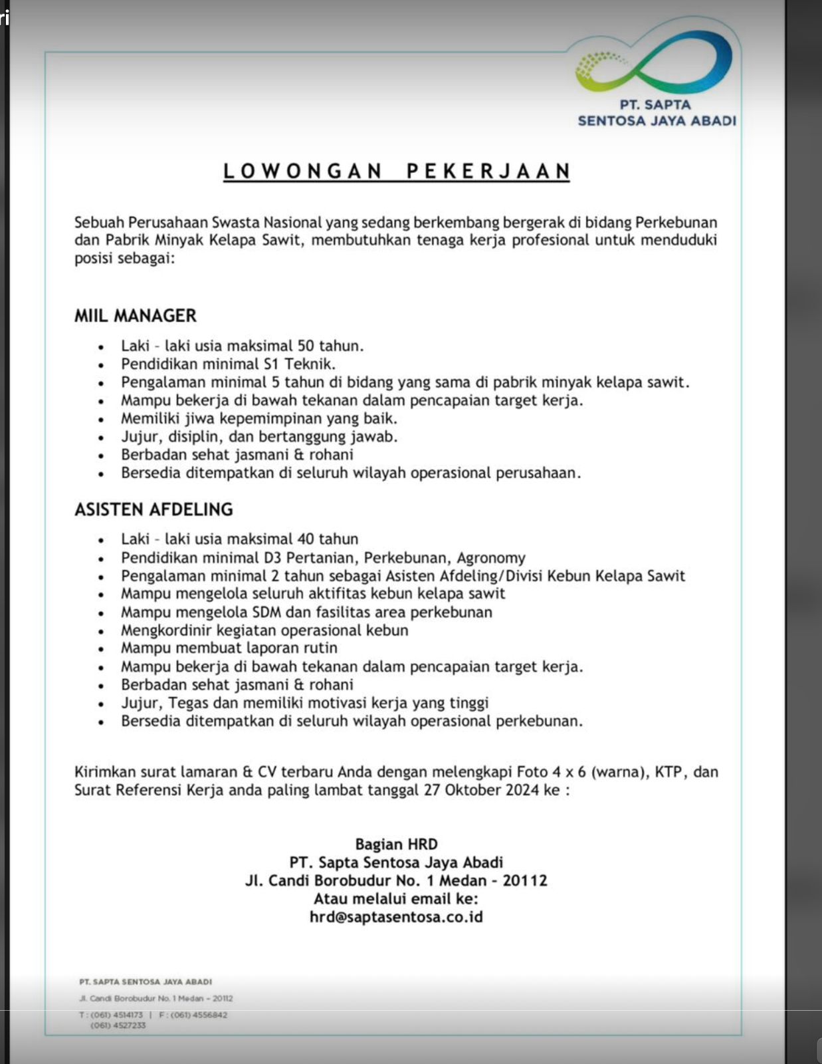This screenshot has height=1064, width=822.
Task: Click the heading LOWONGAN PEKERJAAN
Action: click(x=397, y=171)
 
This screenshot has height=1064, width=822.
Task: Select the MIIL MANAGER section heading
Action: click(x=136, y=315)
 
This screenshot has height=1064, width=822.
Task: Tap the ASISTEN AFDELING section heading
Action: click(x=154, y=509)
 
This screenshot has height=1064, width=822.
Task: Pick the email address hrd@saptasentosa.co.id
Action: click(x=396, y=917)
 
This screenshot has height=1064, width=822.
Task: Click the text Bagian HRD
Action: click(x=396, y=845)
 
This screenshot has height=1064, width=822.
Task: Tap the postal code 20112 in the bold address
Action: click(x=525, y=880)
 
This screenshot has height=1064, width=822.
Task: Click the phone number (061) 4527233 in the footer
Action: click(x=118, y=1025)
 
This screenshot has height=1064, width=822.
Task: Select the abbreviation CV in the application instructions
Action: click(x=267, y=772)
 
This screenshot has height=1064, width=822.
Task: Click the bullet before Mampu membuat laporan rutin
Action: click(x=101, y=649)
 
